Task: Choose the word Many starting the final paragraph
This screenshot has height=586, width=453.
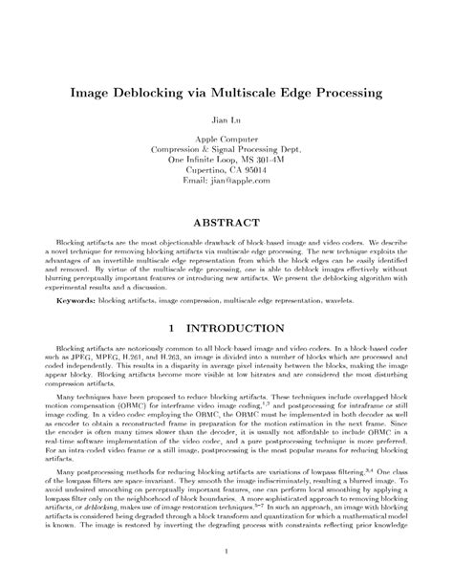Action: click(x=67, y=474)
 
